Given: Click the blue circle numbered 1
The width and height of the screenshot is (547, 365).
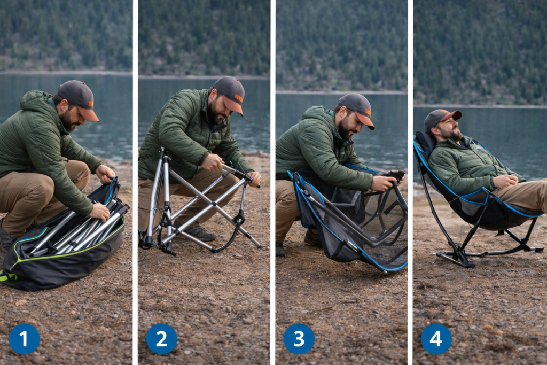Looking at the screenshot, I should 24,339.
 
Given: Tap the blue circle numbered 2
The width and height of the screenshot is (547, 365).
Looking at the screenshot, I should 161,339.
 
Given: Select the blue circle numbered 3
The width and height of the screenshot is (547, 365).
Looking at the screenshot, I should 299,339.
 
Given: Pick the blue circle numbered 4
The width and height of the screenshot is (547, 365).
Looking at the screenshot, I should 436,339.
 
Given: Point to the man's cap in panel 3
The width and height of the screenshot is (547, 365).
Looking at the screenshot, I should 356,106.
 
